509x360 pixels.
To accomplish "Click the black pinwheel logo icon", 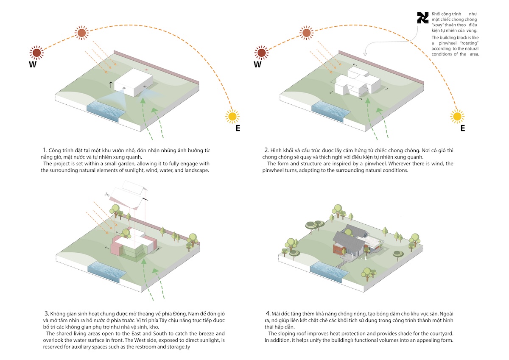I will click(x=422, y=18).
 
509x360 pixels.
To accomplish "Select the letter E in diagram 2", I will click(x=462, y=128).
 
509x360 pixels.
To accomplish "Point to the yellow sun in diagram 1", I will click(x=232, y=116).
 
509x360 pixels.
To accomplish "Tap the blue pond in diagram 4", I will click(x=327, y=270).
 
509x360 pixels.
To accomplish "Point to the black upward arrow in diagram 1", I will click(x=111, y=84).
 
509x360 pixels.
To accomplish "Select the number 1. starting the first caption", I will click(x=45, y=151).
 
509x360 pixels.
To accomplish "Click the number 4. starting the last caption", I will click(x=266, y=313).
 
